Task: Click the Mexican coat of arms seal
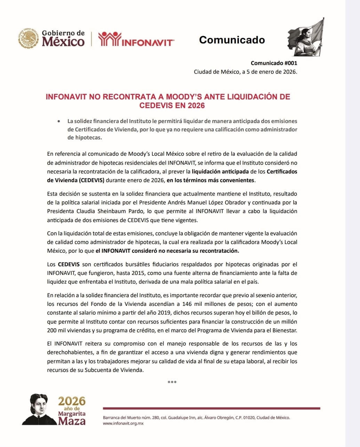pos(29,38)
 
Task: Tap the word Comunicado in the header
pos(232,40)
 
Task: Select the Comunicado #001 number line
pos(274,63)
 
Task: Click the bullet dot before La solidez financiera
pos(59,121)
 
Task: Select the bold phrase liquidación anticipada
pos(220,171)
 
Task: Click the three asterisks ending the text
pos(172,382)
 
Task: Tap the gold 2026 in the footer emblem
pos(72,401)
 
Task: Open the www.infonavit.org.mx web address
pos(123,423)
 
